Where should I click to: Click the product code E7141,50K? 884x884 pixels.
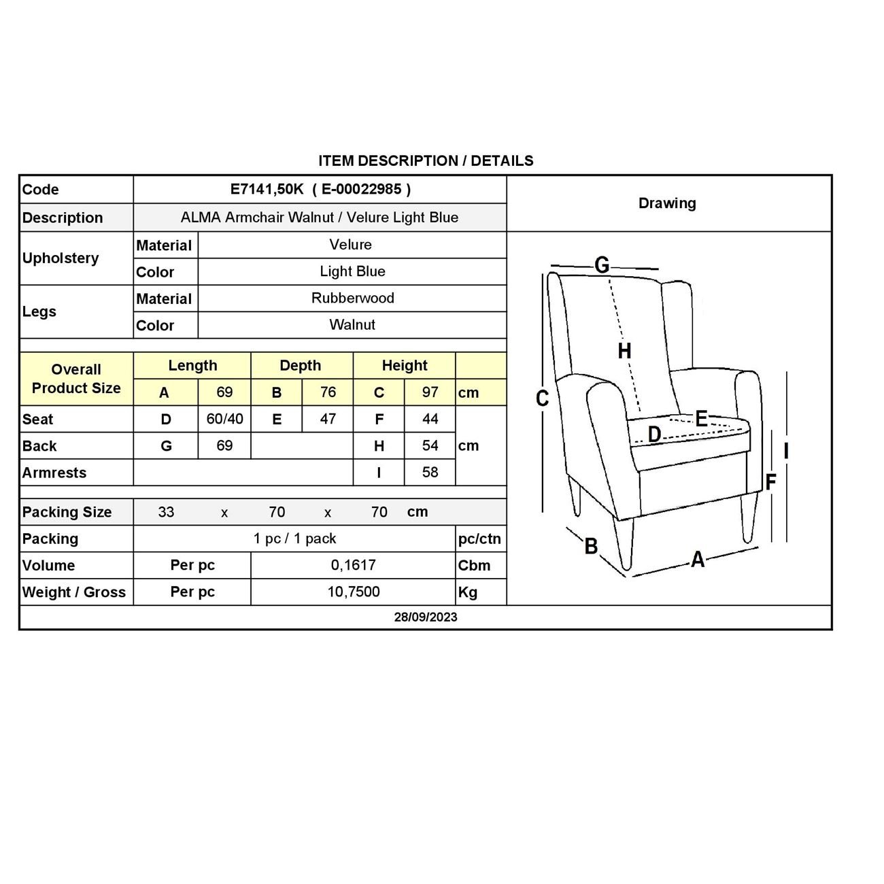point(267,189)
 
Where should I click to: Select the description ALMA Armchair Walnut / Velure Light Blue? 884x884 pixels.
point(320,218)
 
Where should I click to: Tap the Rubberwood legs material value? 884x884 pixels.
point(352,298)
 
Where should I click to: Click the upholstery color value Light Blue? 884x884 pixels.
point(352,271)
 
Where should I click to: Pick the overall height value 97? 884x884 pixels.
point(430,392)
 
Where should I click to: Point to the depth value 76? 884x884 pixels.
point(328,392)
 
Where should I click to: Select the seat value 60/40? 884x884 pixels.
point(224,419)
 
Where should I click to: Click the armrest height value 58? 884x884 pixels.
point(430,472)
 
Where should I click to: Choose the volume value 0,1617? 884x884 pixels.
point(353,565)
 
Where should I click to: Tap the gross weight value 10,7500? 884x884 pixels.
point(353,592)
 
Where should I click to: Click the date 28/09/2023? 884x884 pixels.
point(426,617)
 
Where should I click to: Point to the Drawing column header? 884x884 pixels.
point(667,203)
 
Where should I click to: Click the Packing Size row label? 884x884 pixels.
point(67,512)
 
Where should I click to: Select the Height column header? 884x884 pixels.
point(404,365)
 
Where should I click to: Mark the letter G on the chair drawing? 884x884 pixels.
point(602,265)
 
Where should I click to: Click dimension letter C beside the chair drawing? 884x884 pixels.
point(542,398)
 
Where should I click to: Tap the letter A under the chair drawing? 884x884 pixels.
point(698,560)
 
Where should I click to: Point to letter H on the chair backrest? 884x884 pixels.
point(624,351)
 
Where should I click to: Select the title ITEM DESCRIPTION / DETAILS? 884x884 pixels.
point(426,161)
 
